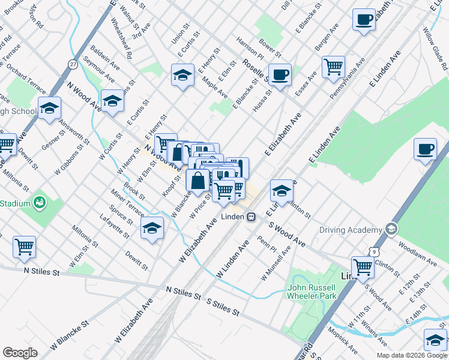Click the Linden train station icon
click(x=253, y=217)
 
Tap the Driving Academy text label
click(x=351, y=230)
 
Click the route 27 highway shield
click(x=73, y=64)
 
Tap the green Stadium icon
click(x=40, y=203)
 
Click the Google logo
click(x=20, y=352)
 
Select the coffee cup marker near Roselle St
click(x=280, y=75)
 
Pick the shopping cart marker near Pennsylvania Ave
click(x=333, y=67)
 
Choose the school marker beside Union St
click(x=182, y=75)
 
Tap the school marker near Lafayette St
click(x=152, y=228)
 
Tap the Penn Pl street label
click(x=266, y=245)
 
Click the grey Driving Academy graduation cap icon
click(x=391, y=229)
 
